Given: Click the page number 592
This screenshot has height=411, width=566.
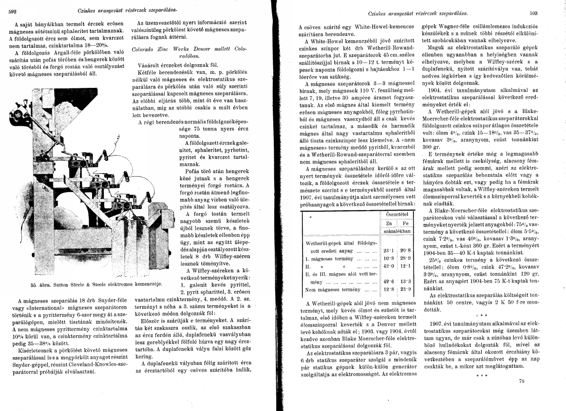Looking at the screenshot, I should (x=14, y=10).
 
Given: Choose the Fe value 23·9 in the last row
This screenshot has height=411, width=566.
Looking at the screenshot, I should (x=404, y=290).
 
